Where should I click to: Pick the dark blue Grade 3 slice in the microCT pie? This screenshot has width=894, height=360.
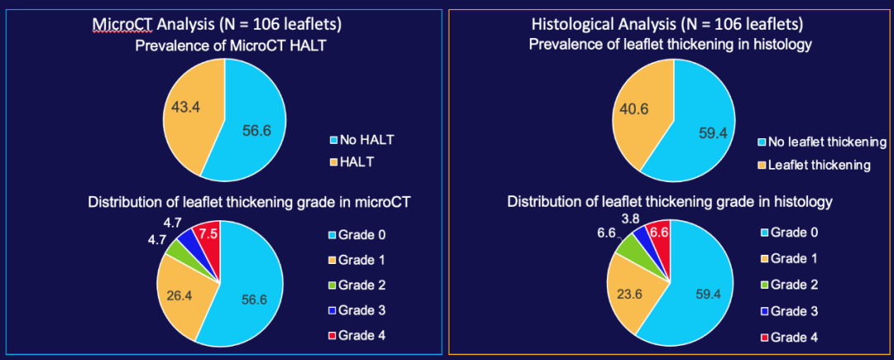click(187, 243)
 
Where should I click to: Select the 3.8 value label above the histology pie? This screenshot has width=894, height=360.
click(631, 218)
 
